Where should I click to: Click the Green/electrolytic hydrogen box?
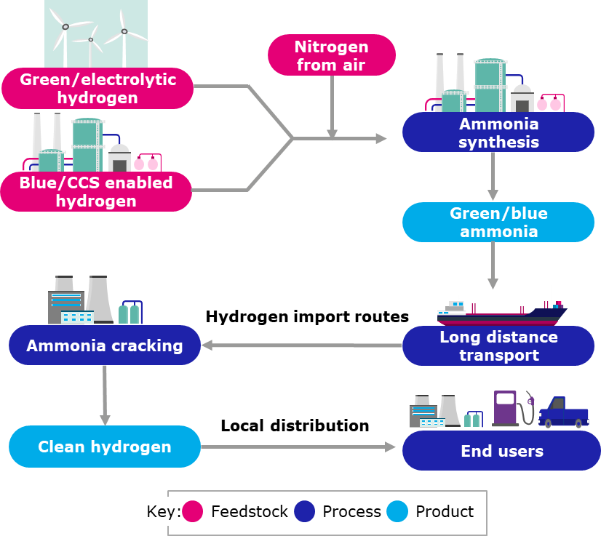point(97,88)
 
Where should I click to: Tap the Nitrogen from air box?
point(331,55)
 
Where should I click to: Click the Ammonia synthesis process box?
point(498,132)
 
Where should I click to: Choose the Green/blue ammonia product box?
point(498,223)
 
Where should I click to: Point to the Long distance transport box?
point(498,346)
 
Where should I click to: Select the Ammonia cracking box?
point(104,345)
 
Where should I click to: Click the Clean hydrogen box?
point(104,447)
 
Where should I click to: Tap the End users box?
point(501,451)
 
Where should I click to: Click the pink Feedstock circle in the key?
point(192,512)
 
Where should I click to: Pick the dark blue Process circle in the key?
point(304,512)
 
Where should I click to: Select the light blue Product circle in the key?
point(397,512)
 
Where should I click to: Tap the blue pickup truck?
point(563,414)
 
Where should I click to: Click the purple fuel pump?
point(506,408)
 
